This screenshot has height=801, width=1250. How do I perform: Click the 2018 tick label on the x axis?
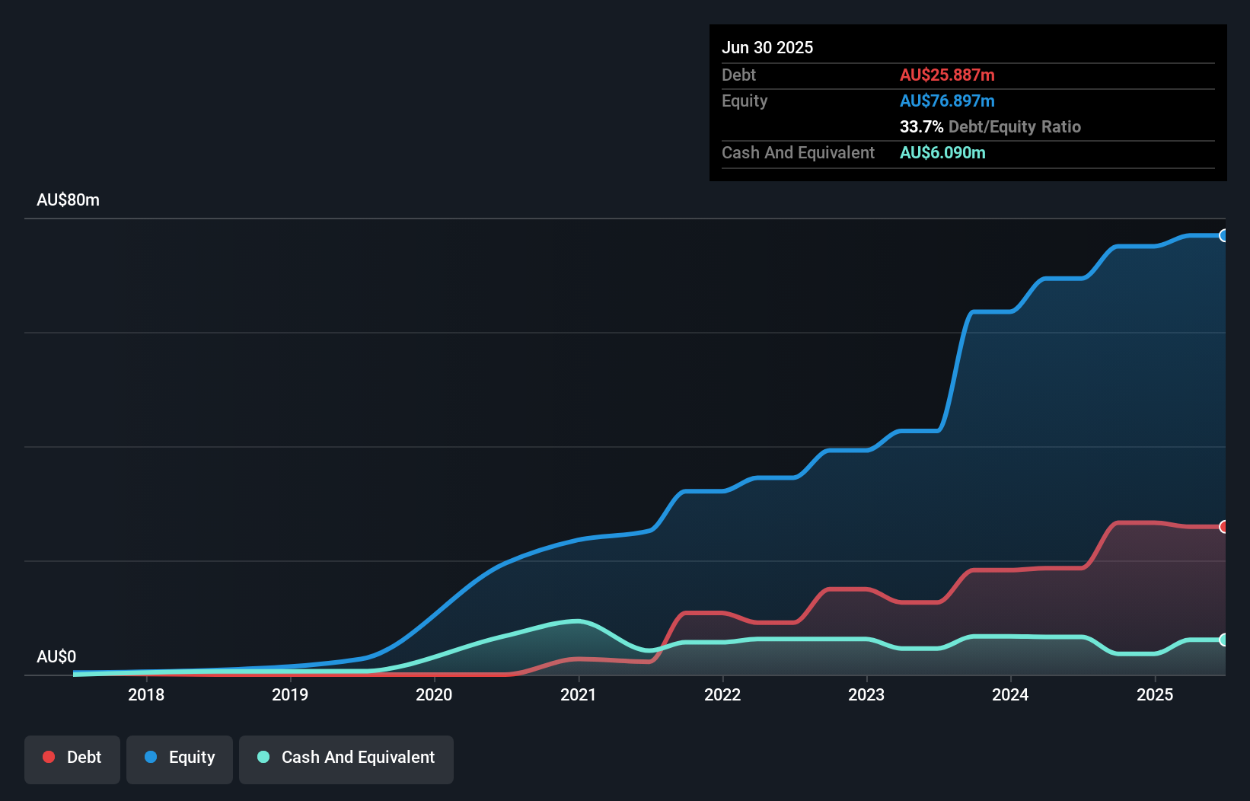coord(146,694)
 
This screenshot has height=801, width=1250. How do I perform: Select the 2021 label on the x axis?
coord(579,694)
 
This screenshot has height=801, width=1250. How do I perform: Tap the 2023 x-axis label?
coord(866,694)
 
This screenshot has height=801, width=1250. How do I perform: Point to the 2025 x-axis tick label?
coord(1155,694)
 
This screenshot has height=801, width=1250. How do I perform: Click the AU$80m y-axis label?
coord(68,199)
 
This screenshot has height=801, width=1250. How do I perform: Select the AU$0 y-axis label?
coord(56,656)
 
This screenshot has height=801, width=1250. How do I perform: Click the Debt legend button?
coord(72,758)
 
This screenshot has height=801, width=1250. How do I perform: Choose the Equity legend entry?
coord(180,758)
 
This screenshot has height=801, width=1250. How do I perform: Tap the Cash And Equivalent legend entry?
coord(346,758)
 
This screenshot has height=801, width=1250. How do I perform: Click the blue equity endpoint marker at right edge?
coord(1223,236)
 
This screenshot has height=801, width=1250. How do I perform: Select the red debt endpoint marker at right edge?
coord(1223,527)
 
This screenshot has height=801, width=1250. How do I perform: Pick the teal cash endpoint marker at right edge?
coord(1223,640)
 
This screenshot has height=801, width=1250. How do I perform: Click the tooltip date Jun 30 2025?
coord(767,47)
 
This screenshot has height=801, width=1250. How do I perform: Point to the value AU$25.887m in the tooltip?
coord(947,75)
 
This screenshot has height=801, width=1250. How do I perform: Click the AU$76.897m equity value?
coord(947,101)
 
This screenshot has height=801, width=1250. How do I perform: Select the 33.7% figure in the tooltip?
coord(921,126)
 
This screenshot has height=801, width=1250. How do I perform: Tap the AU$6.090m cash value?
coord(942,152)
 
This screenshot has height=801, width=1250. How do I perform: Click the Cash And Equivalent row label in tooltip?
coord(798,152)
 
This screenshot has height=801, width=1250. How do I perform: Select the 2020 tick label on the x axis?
coord(434,694)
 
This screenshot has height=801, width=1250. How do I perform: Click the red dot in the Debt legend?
coord(49,757)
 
